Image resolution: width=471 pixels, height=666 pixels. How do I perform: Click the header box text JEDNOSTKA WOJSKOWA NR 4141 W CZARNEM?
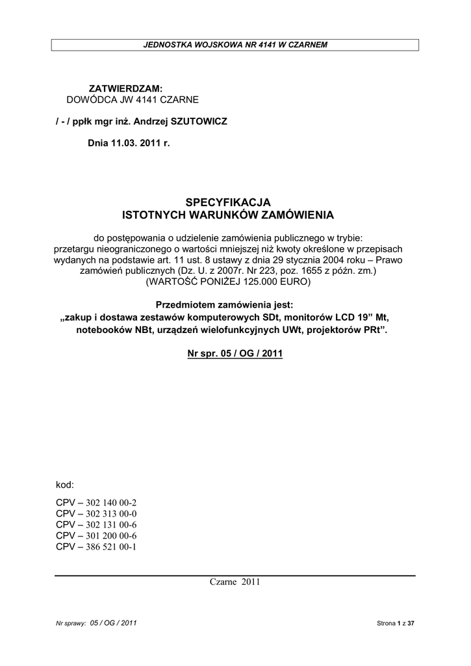pyautogui.click(x=235, y=44)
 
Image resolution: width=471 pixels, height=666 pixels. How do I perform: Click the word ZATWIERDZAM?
pyautogui.click(x=125, y=88)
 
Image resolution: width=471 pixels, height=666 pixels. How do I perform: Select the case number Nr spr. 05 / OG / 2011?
pyautogui.click(x=235, y=354)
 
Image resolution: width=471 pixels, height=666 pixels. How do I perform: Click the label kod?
pyautogui.click(x=65, y=485)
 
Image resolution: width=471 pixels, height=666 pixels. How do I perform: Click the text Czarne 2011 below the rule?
pyautogui.click(x=235, y=582)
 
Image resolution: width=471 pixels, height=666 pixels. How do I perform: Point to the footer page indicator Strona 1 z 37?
pyautogui.click(x=395, y=623)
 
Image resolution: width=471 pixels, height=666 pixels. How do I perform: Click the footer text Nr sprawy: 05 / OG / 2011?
pyautogui.click(x=97, y=623)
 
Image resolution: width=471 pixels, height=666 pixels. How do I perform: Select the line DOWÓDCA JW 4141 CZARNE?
pyautogui.click(x=133, y=100)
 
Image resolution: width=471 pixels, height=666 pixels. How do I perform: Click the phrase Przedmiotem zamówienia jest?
pyautogui.click(x=225, y=304)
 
